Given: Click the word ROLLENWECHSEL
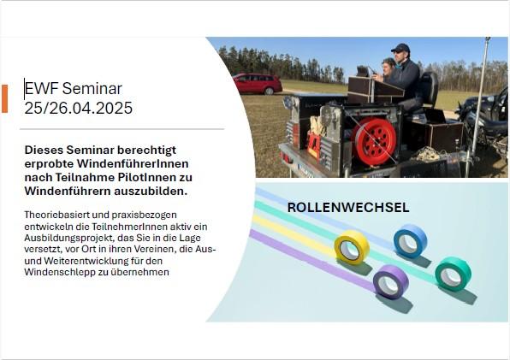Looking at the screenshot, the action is [348, 208].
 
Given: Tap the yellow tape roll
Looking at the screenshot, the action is [352, 247].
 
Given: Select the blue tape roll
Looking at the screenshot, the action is [410, 241].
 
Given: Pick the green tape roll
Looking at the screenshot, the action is [453, 274].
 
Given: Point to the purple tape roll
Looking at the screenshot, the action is [391, 281].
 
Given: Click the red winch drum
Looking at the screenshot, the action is [375, 141].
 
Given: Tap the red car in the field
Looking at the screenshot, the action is [258, 84].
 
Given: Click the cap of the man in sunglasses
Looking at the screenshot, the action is [400, 48].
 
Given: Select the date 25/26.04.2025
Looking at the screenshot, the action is [79, 108].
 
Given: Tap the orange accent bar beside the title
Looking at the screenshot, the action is [4, 98].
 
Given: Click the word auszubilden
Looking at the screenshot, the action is [151, 191].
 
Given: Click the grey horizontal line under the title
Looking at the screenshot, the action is [122, 129].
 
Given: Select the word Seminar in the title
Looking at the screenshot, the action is [92, 88].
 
